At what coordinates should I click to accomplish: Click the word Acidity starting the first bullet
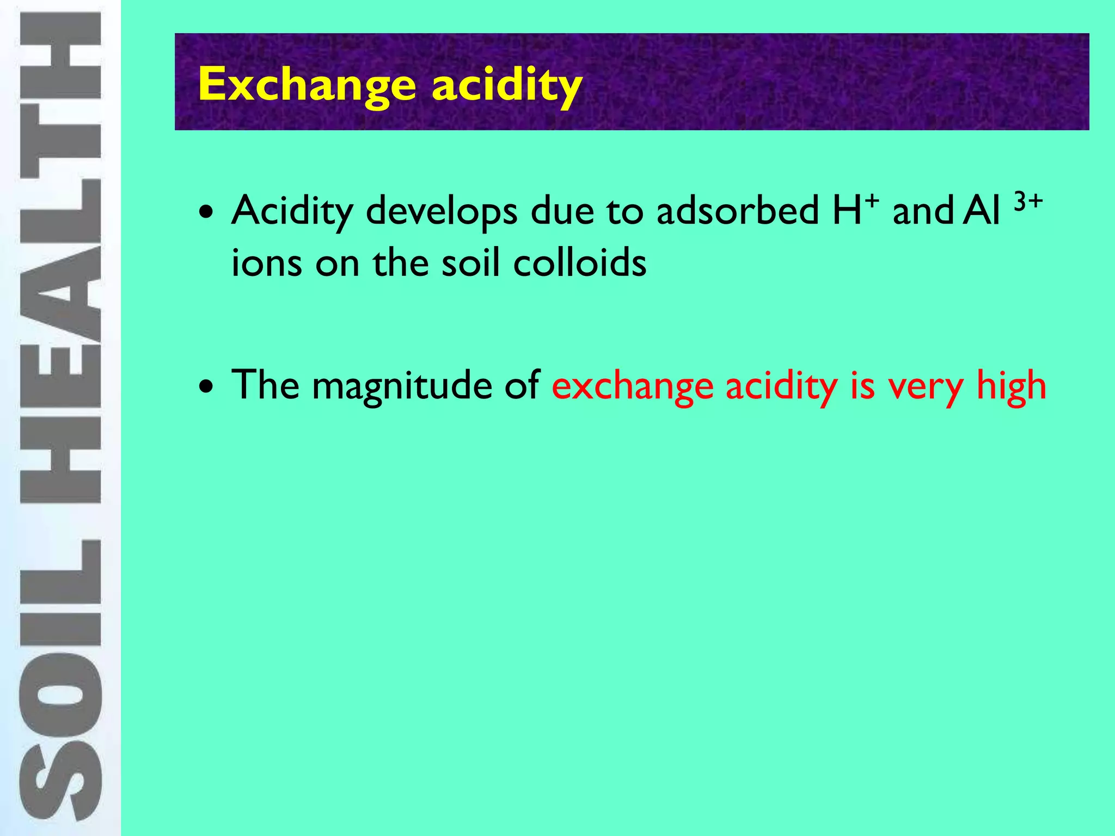pyautogui.click(x=292, y=211)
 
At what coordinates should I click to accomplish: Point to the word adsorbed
pyautogui.click(x=738, y=211)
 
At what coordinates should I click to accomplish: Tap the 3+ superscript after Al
pyautogui.click(x=1028, y=201)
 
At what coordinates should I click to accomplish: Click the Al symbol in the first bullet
pyautogui.click(x=982, y=211)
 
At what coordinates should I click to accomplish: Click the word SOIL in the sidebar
pyautogui.click(x=60, y=680)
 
